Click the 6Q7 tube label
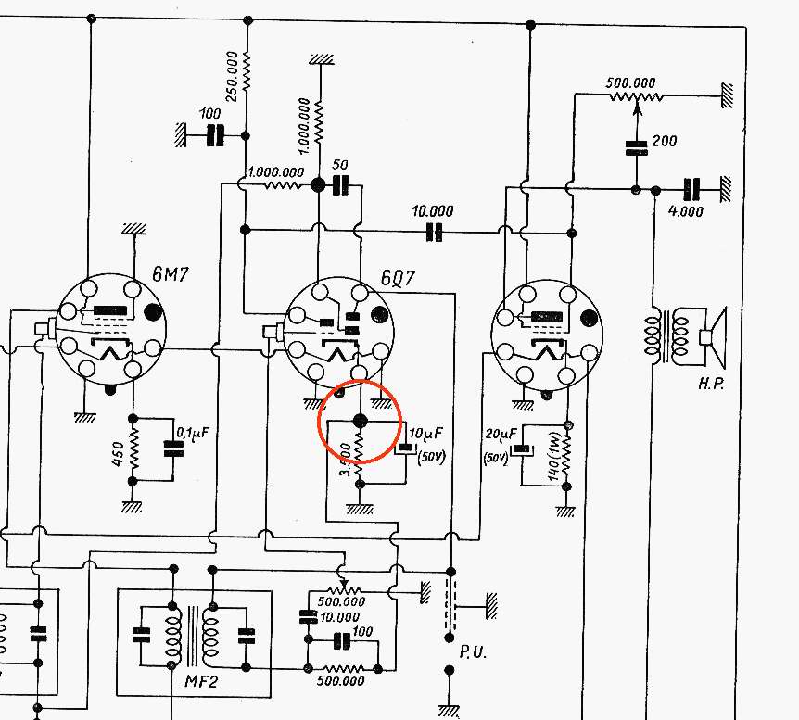pyautogui.click(x=399, y=278)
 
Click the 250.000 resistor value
pyautogui.click(x=233, y=72)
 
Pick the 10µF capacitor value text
pyautogui.click(x=426, y=433)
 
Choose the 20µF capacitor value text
pyautogui.click(x=500, y=434)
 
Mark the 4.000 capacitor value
pyautogui.click(x=686, y=211)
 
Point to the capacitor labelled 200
pyautogui.click(x=636, y=145)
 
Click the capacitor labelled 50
pyautogui.click(x=340, y=186)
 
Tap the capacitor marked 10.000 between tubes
pyautogui.click(x=433, y=232)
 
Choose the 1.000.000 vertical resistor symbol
pyautogui.click(x=318, y=116)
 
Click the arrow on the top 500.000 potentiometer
pyautogui.click(x=636, y=105)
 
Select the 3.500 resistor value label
pyautogui.click(x=345, y=461)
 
